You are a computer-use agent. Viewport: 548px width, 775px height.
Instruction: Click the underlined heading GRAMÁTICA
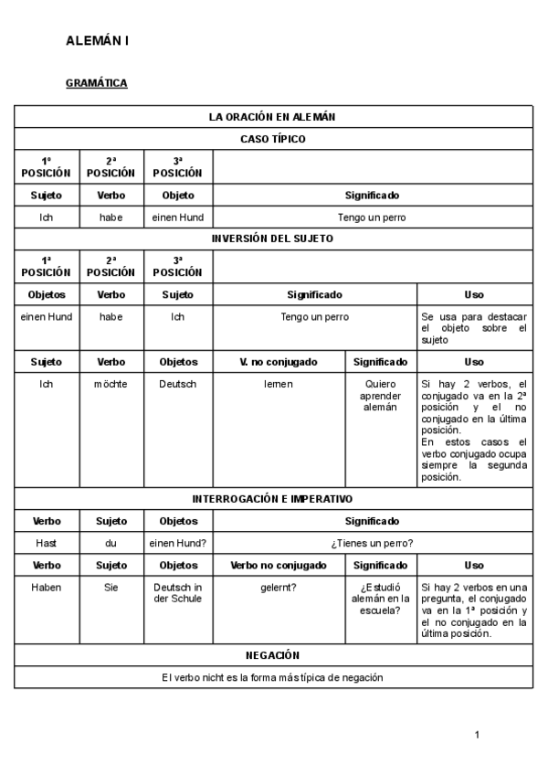pyautogui.click(x=96, y=83)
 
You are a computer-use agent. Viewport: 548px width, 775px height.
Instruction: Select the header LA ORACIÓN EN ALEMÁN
pyautogui.click(x=272, y=117)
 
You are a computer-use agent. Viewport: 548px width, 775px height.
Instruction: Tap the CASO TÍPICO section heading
pyautogui.click(x=272, y=139)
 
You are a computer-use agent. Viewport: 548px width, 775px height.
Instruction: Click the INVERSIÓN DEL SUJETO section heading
pyautogui.click(x=272, y=239)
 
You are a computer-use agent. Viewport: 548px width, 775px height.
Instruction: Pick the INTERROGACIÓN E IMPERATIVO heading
pyautogui.click(x=272, y=499)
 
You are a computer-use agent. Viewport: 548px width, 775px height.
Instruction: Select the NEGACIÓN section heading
pyautogui.click(x=272, y=655)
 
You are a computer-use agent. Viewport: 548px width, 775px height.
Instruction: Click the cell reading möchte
pyautogui.click(x=111, y=384)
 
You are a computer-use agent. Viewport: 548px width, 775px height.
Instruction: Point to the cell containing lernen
pyautogui.click(x=279, y=384)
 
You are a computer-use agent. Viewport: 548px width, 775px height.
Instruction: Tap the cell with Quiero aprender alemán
pyautogui.click(x=381, y=395)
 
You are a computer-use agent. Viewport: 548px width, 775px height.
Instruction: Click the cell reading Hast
pyautogui.click(x=47, y=543)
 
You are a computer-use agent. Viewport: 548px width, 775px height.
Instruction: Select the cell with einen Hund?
pyautogui.click(x=178, y=543)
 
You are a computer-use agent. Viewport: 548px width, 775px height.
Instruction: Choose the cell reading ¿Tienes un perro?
pyautogui.click(x=372, y=543)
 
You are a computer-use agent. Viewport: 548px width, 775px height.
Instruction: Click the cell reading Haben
pyautogui.click(x=47, y=587)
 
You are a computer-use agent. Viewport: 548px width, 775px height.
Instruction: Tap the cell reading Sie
pyautogui.click(x=111, y=587)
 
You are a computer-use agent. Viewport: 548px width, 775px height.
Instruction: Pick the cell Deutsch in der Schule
pyautogui.click(x=178, y=592)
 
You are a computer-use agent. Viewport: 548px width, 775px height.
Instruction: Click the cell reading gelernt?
pyautogui.click(x=279, y=587)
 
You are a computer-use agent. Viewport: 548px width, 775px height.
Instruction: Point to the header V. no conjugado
pyautogui.click(x=279, y=362)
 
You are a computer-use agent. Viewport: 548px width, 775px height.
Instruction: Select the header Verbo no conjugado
pyautogui.click(x=279, y=565)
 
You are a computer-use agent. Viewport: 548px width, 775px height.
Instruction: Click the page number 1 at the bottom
pyautogui.click(x=477, y=734)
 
